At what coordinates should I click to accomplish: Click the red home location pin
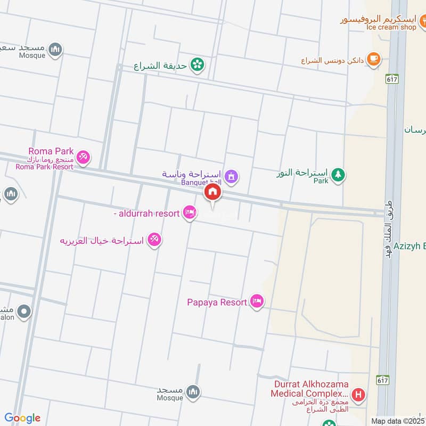point(212,193)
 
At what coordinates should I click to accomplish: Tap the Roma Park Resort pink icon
point(83,158)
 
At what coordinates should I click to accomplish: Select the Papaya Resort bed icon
point(257,302)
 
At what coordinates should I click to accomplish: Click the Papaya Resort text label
point(217,302)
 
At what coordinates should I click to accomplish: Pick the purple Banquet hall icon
point(231,175)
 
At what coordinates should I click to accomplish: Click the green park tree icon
point(338,174)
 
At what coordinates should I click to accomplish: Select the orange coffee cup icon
point(374,59)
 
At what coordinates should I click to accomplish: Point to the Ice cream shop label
point(390,27)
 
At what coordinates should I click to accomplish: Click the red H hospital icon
point(359,395)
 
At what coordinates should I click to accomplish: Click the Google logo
point(22,418)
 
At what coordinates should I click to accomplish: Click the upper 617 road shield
point(392,78)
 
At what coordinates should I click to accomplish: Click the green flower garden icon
point(198,65)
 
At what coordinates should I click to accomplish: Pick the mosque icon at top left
point(55,50)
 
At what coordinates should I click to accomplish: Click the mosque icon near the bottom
point(193,392)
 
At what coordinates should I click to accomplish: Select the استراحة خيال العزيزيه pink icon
point(154,240)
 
